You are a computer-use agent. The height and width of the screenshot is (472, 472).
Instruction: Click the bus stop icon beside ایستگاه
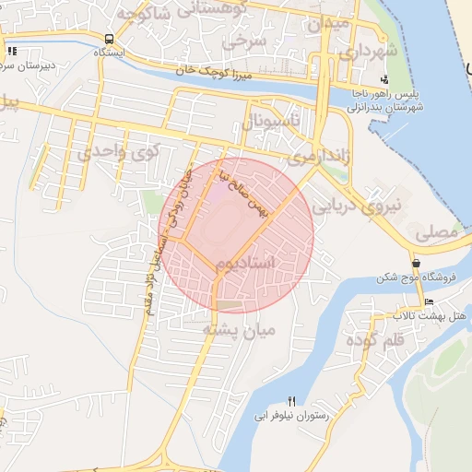[111, 40]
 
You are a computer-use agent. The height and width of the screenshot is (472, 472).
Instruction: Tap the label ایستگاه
[110, 53]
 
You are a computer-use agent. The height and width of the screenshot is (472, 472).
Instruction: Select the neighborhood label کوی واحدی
[118, 151]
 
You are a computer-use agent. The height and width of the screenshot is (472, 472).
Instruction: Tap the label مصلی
[436, 235]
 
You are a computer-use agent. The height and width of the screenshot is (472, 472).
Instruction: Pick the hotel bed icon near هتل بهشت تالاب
[429, 302]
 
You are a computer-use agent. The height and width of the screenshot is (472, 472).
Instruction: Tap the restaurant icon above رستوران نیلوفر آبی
[292, 401]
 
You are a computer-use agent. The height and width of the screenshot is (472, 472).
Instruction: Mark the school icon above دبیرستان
[12, 52]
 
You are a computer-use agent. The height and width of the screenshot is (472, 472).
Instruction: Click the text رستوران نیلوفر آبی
[292, 416]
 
